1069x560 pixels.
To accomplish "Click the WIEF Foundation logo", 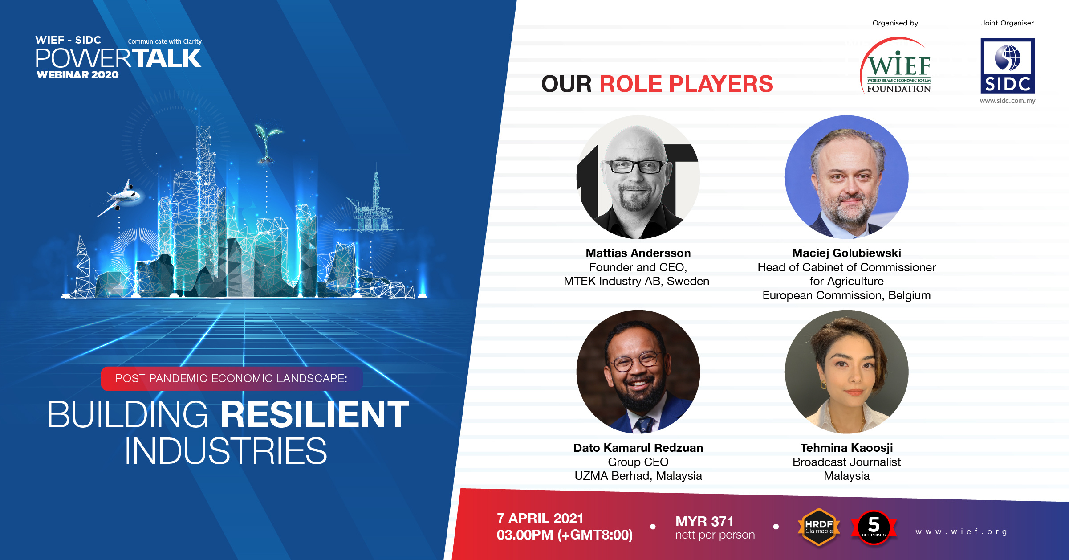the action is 895,65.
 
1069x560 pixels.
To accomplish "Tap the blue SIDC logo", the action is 1008,66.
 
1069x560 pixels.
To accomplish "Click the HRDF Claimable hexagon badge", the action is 819,527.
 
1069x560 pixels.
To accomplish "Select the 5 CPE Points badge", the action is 874,527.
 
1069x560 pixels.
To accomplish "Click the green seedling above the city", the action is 268,143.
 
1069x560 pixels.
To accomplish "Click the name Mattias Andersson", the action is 638,253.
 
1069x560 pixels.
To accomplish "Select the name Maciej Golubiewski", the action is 846,253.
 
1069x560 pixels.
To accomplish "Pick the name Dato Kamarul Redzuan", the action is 638,448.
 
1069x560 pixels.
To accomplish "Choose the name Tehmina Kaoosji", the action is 846,448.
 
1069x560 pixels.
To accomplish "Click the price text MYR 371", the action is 704,521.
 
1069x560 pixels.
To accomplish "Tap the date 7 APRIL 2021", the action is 540,518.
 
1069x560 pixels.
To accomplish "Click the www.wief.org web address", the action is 961,531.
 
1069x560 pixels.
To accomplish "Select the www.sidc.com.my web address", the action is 1008,101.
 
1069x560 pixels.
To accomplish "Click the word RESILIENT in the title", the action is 315,414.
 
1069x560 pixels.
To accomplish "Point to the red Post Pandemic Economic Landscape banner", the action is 232,379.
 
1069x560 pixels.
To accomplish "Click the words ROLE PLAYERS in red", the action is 686,84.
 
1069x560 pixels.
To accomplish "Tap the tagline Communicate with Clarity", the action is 165,41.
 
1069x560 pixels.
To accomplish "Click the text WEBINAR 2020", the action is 77,75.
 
